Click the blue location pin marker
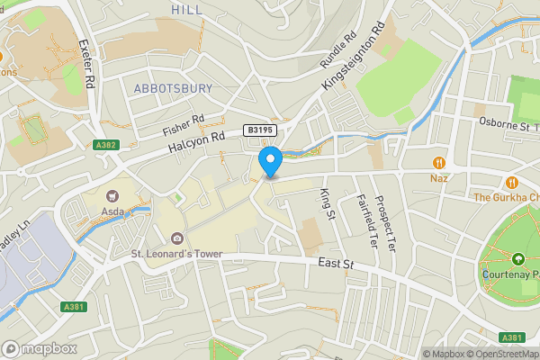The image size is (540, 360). (x=270, y=162)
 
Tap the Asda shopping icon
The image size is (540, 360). (x=112, y=195)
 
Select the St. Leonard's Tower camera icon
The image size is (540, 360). (x=176, y=238)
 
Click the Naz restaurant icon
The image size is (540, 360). (x=439, y=163)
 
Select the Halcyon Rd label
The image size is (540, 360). (x=193, y=148)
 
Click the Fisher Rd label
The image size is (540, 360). (x=184, y=124)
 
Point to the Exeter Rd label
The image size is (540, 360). (x=87, y=63)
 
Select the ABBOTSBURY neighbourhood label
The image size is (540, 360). (x=173, y=88)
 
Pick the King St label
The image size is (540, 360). (x=327, y=201)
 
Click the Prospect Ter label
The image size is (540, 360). (x=384, y=222)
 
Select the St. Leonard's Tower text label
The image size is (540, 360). (x=176, y=255)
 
